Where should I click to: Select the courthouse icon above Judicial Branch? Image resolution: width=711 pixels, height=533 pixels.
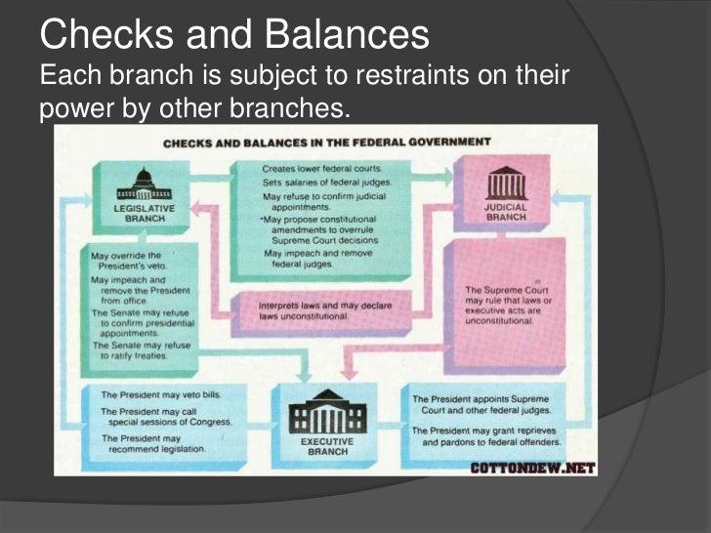505,183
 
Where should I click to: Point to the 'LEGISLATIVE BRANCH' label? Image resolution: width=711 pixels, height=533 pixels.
145,214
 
